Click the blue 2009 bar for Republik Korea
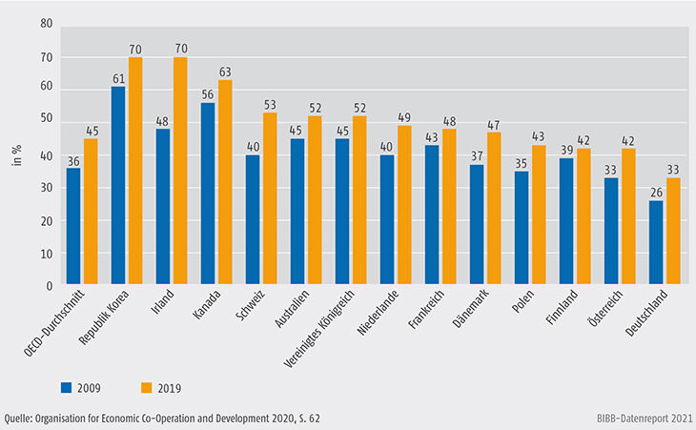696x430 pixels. [x=118, y=186]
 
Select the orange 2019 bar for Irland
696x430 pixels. [x=180, y=172]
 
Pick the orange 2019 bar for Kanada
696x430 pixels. [x=225, y=183]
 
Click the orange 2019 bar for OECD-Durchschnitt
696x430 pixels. [x=91, y=213]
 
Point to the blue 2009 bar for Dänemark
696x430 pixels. [x=477, y=225]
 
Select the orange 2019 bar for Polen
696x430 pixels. [x=540, y=215]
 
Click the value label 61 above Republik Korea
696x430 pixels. [x=118, y=79]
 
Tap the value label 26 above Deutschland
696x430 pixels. [x=656, y=193]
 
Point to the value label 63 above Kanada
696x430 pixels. [x=225, y=72]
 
